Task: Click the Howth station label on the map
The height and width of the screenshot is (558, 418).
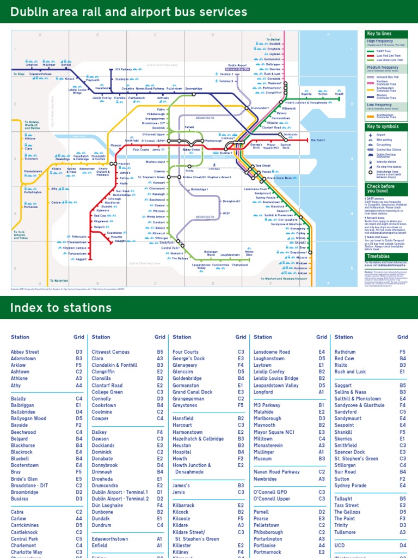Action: click(339, 94)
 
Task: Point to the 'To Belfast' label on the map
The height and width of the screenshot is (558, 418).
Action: click(274, 39)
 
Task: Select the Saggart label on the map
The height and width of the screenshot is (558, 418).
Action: click(81, 259)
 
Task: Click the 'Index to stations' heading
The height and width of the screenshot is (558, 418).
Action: click(61, 308)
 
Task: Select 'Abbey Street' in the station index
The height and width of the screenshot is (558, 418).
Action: click(24, 352)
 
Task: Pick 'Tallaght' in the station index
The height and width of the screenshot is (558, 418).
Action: click(343, 499)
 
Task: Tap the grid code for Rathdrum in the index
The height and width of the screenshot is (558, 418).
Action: click(403, 352)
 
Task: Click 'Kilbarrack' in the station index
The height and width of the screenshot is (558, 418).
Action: click(183, 505)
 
